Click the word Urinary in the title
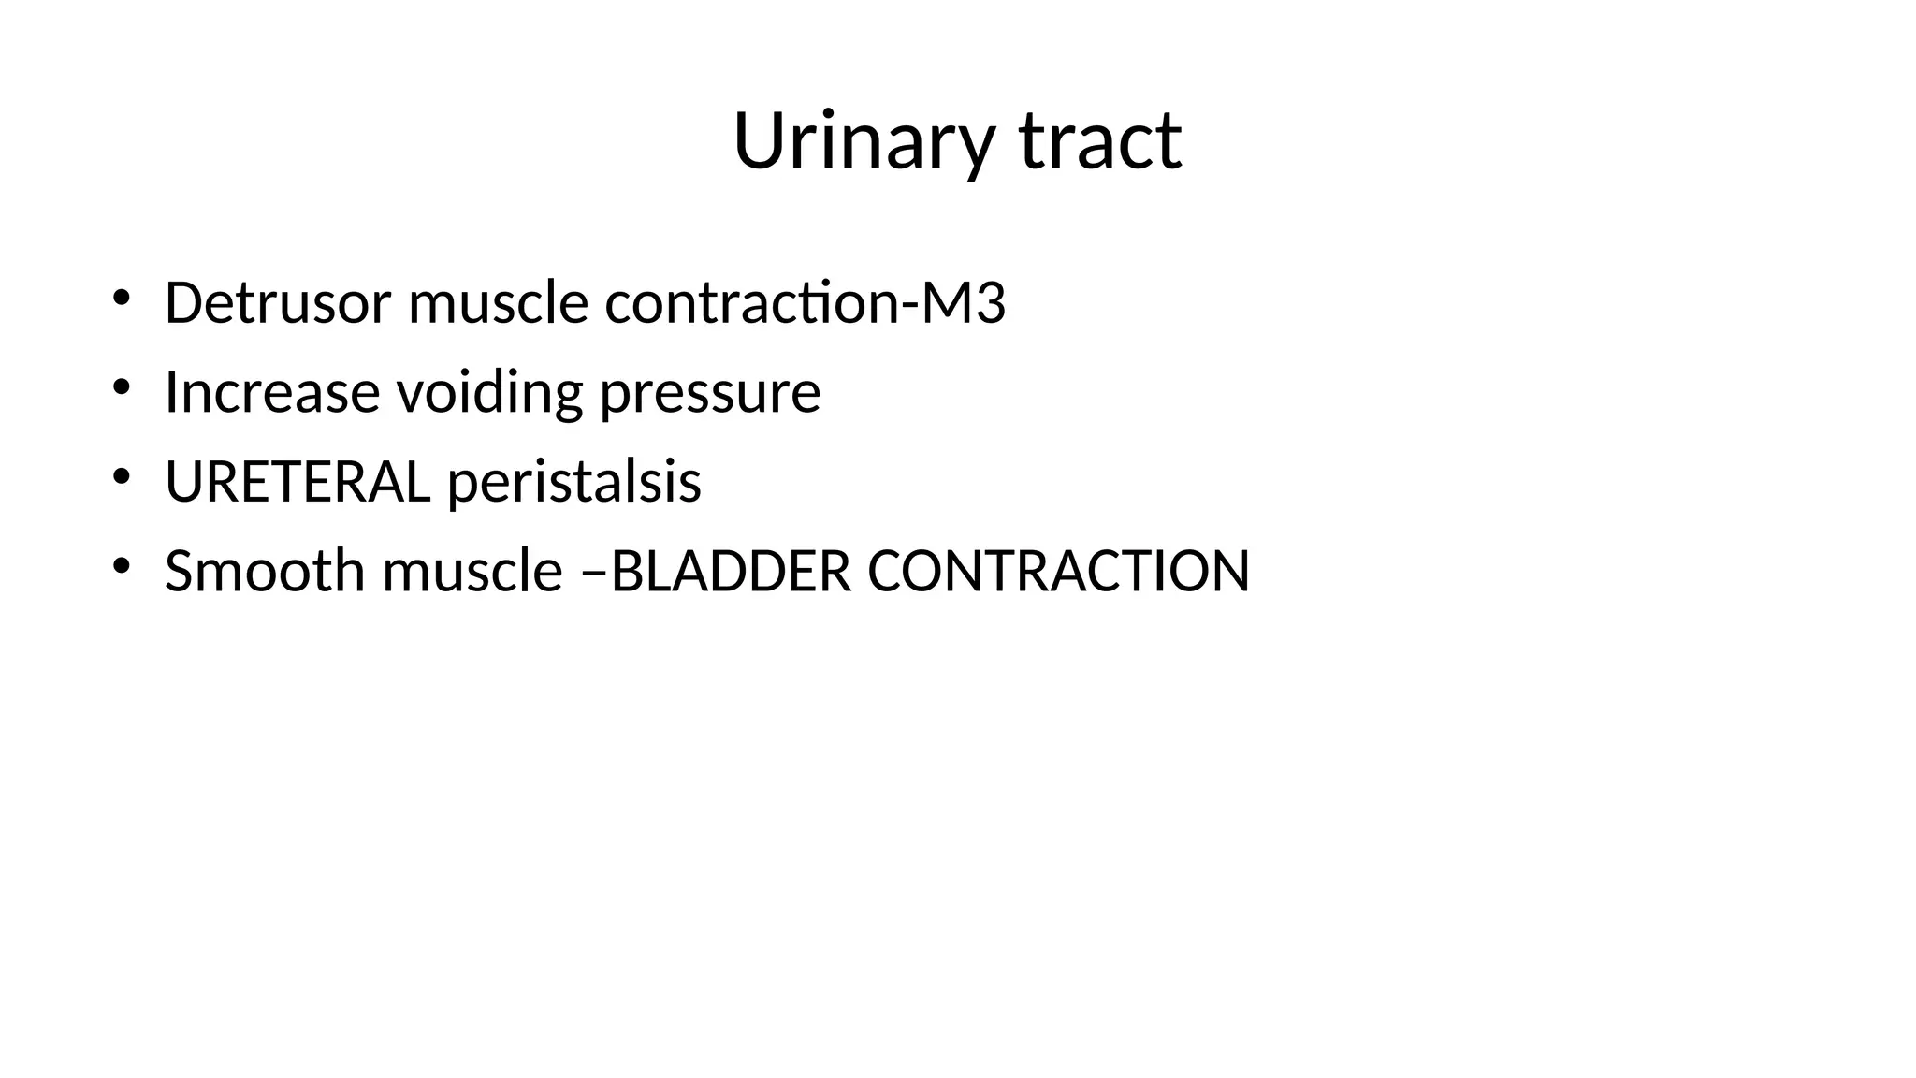click(862, 142)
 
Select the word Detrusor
click(278, 303)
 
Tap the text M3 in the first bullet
click(964, 303)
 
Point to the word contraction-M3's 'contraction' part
click(749, 303)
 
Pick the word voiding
click(490, 392)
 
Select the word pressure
click(710, 394)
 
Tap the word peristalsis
click(574, 482)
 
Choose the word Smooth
click(265, 571)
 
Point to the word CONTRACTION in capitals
click(1058, 571)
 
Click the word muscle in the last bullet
click(472, 571)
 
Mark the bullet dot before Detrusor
click(121, 299)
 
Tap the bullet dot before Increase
click(121, 387)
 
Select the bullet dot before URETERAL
click(121, 477)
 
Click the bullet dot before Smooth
click(121, 566)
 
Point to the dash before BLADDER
click(594, 573)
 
